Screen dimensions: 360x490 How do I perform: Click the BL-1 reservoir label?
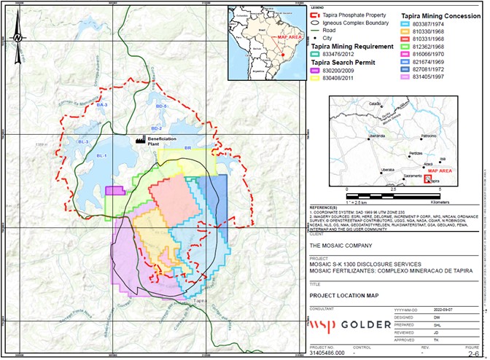(x=102, y=156)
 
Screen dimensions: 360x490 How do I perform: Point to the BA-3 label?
(x=102, y=106)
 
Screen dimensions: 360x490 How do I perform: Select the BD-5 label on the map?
(x=161, y=107)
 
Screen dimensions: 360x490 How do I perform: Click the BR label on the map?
(x=187, y=148)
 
